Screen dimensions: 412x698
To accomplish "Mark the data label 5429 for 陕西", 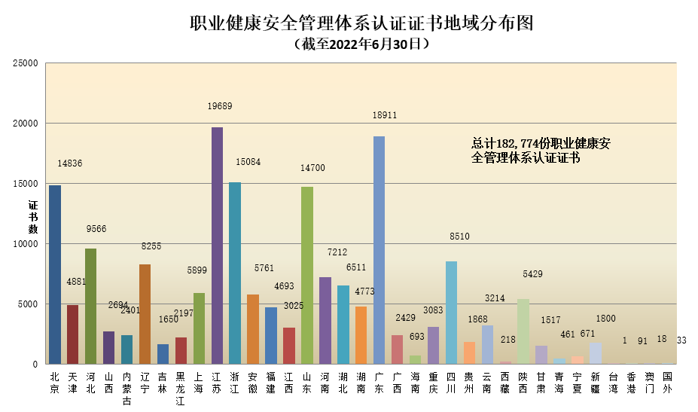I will point(531,274).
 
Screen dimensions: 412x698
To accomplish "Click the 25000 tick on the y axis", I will point(25,63).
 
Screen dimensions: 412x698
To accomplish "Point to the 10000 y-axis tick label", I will point(25,244).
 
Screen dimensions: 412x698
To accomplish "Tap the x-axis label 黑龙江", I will point(181,388).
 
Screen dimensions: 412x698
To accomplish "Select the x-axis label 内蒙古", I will point(126,388).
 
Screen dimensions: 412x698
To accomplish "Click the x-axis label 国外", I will point(667,383).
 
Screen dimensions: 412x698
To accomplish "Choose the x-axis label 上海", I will point(199,383).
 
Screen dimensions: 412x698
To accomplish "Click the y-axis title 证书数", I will point(32,217).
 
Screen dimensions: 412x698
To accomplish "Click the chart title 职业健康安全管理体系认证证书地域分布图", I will point(361,23).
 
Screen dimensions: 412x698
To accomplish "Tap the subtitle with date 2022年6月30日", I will point(361,45).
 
